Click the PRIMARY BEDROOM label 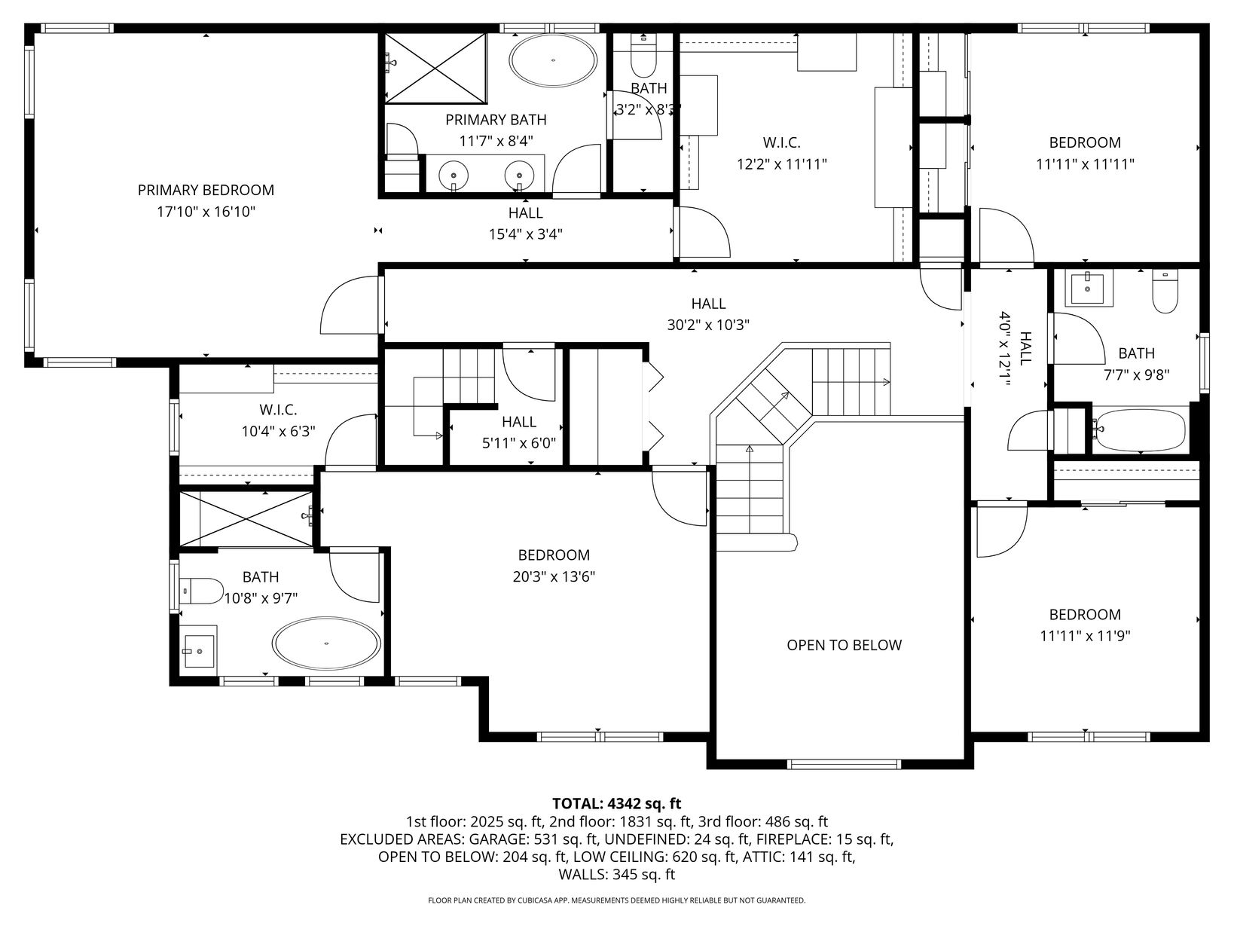[206, 190]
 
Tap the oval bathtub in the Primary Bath [553, 61]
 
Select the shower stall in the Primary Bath [435, 68]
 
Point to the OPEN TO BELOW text [844, 645]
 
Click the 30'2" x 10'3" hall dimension [708, 325]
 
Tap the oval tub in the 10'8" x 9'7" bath [326, 643]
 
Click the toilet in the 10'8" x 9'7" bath [200, 591]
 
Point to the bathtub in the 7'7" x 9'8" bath [1140, 430]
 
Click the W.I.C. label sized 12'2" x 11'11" [781, 142]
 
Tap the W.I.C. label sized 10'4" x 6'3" [278, 409]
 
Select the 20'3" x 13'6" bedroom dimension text [554, 577]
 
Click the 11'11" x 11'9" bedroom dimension [1085, 636]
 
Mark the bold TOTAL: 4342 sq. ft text [617, 803]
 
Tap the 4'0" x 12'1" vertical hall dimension [1005, 349]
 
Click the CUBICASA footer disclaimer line [617, 900]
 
